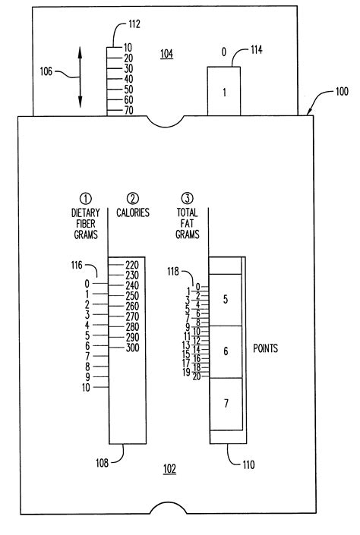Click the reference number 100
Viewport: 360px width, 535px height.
[342, 91]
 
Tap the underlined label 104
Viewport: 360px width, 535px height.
[166, 54]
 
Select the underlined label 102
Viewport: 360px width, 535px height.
[169, 469]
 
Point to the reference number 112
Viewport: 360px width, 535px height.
[134, 24]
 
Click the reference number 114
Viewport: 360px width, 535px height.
[257, 50]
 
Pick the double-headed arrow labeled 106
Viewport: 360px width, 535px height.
[80, 77]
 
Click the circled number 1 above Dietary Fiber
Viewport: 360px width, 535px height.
[86, 198]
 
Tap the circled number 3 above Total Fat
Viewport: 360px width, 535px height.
[187, 198]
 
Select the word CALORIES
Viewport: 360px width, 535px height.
[133, 213]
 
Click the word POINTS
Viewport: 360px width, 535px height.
[265, 348]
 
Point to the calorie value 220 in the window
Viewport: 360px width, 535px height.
[132, 265]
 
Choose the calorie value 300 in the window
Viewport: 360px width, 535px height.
[132, 348]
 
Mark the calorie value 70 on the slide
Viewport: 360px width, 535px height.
[128, 111]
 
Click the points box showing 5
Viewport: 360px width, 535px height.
[226, 300]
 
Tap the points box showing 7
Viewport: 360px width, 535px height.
[226, 404]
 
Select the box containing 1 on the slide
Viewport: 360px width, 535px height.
[224, 91]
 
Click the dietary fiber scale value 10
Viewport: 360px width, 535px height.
[86, 388]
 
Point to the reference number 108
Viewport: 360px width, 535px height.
[102, 463]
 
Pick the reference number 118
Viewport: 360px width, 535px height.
[173, 272]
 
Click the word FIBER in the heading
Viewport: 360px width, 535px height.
[86, 224]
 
